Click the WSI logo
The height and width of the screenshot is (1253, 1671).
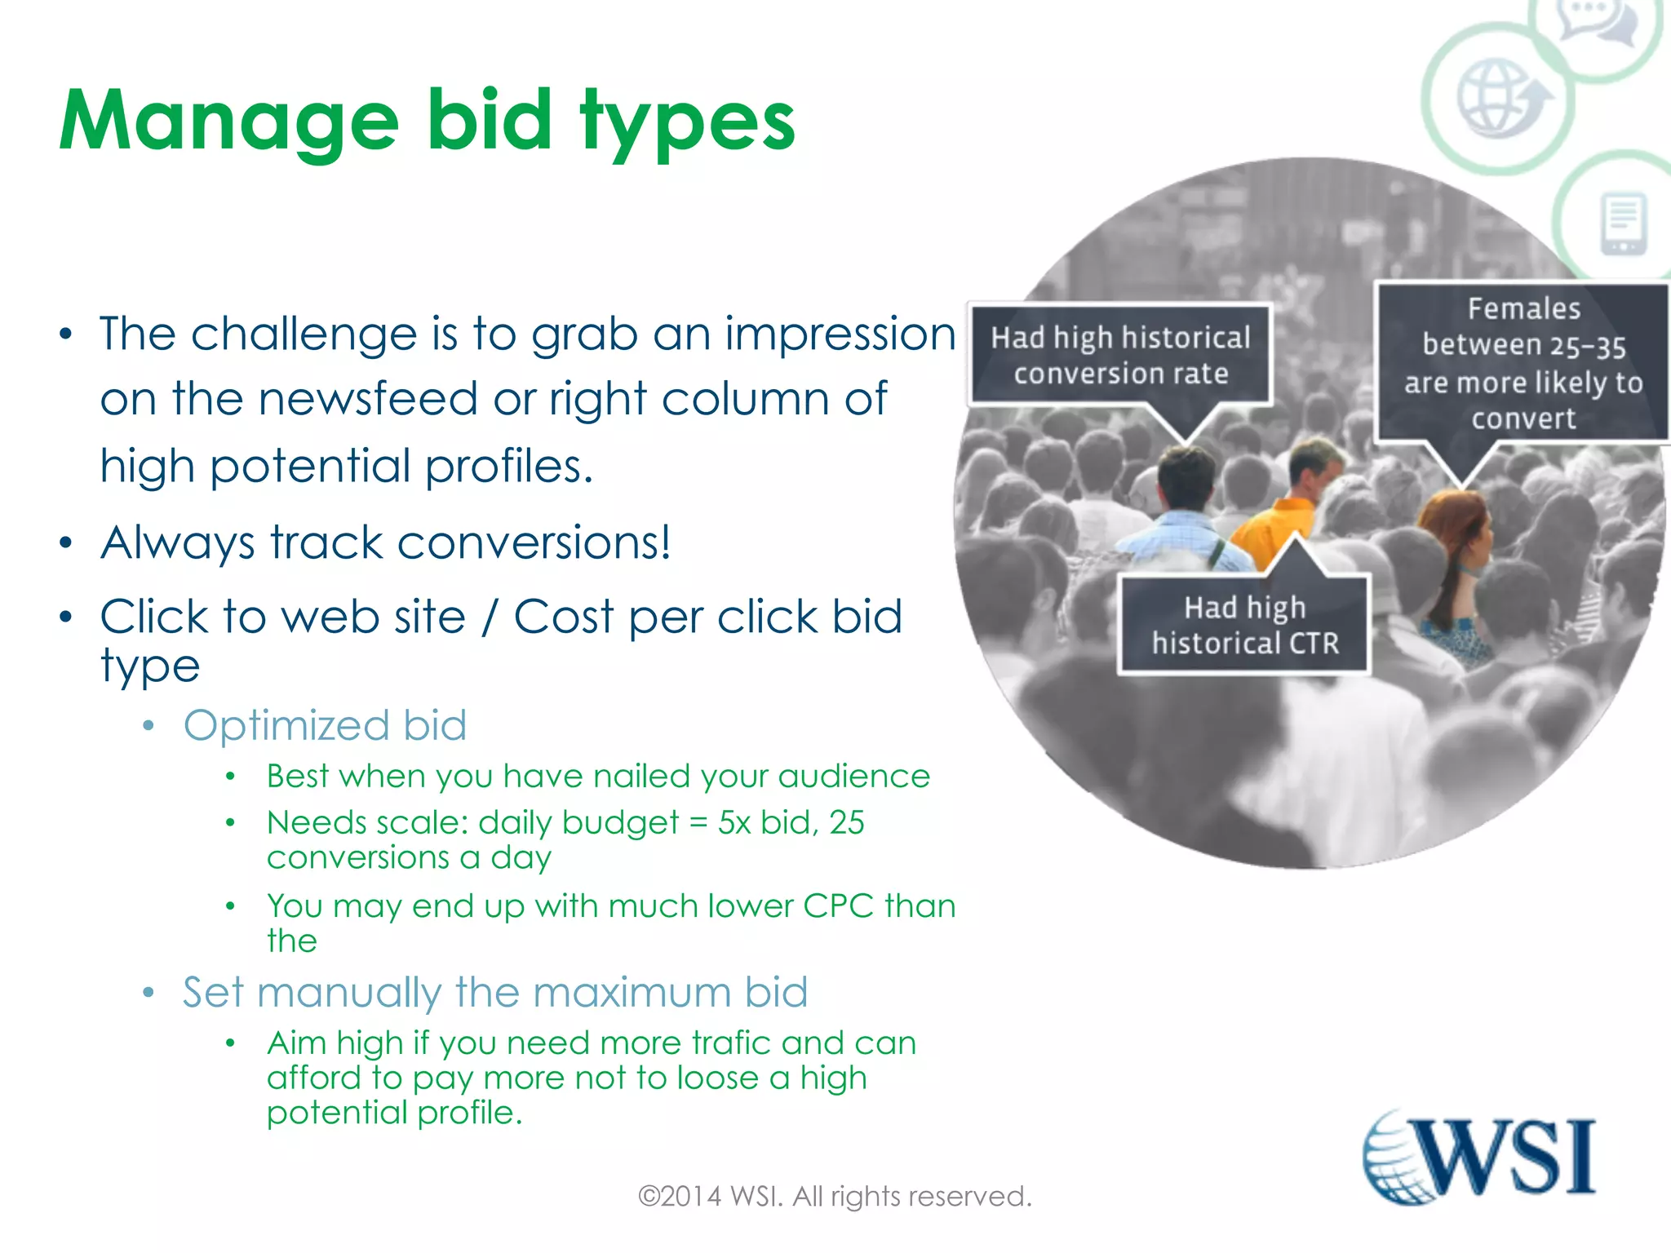tap(1478, 1157)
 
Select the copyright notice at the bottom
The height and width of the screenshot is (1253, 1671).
tap(835, 1197)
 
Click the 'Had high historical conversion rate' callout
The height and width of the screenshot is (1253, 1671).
tap(1119, 355)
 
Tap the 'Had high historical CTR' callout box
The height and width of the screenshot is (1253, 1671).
tap(1244, 625)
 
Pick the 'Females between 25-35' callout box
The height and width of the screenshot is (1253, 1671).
tap(1523, 363)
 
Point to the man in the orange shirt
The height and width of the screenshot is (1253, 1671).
tap(1289, 506)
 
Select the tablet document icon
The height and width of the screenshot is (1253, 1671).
tap(1624, 224)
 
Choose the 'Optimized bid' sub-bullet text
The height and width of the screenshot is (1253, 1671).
tap(325, 725)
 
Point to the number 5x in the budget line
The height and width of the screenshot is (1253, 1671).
tap(734, 823)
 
